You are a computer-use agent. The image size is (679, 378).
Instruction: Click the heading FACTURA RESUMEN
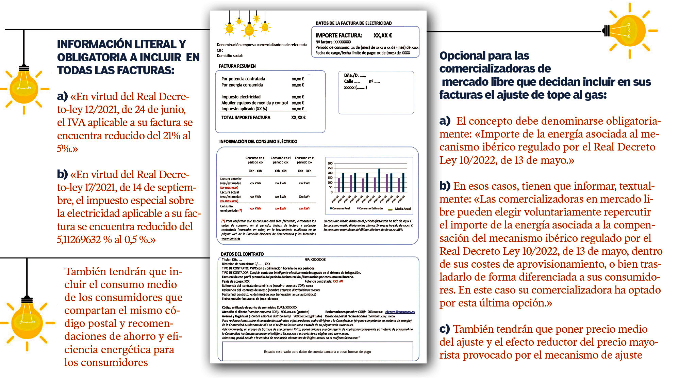tap(237, 66)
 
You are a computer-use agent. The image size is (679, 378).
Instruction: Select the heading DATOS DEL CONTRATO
tap(242, 254)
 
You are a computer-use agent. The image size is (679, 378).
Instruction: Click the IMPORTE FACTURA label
tap(338, 35)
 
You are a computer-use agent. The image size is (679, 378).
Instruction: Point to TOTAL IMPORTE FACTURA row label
tap(246, 117)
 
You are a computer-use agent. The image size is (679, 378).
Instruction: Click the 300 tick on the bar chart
tap(330, 163)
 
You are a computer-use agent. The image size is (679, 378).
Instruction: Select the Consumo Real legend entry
tap(340, 208)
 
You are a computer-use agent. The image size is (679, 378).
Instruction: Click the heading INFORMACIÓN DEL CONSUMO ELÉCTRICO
tap(258, 141)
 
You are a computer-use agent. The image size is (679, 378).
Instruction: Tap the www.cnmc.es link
tap(231, 238)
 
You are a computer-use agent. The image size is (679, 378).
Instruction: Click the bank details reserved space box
tap(317, 351)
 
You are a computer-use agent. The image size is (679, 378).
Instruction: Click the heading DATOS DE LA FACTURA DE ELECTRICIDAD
tap(353, 23)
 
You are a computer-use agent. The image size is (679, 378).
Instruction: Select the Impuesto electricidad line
tap(241, 97)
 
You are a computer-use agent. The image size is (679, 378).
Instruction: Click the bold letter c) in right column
tap(445, 329)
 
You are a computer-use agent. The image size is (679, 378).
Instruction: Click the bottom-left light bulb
tap(27, 320)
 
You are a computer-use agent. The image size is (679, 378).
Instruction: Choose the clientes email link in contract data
tap(400, 312)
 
